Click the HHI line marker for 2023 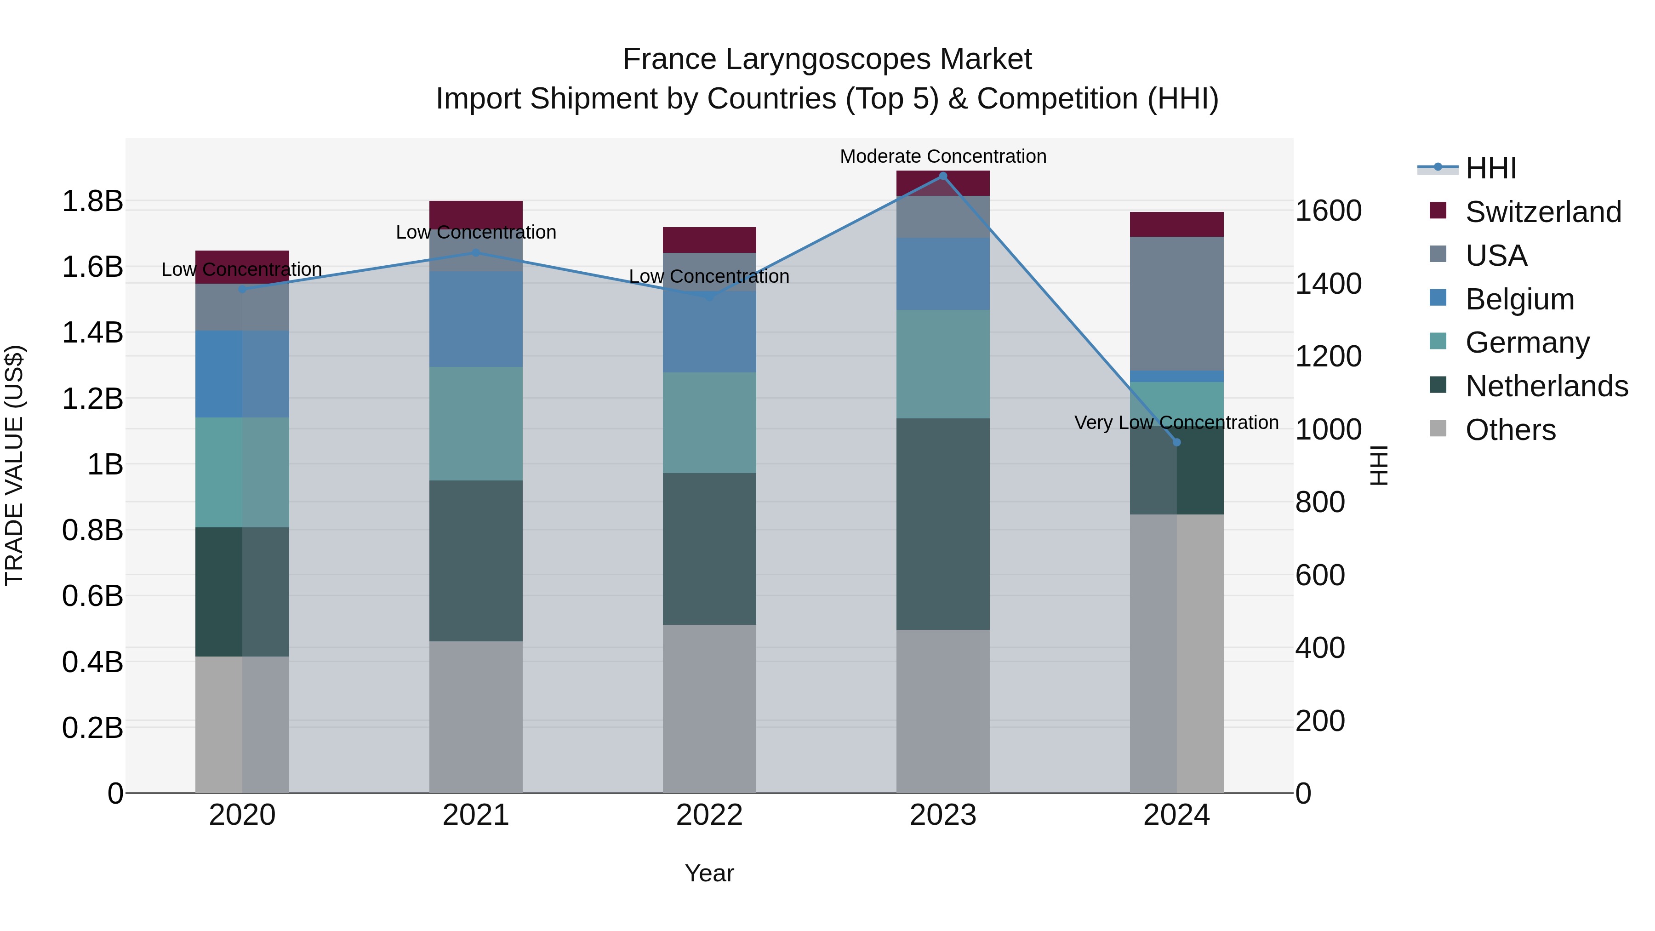942,176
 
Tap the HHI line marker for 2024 1176,442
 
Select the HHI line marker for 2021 475,252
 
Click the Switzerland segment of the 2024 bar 1176,224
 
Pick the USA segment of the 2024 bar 1176,303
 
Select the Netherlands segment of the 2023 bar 942,524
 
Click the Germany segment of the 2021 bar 475,423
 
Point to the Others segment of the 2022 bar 709,708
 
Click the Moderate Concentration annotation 942,156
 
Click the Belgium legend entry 1519,299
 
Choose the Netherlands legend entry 1546,386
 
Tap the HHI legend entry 1490,168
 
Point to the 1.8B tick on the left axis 92,201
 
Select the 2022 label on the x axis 709,815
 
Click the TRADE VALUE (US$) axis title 14,465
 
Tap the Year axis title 709,873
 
